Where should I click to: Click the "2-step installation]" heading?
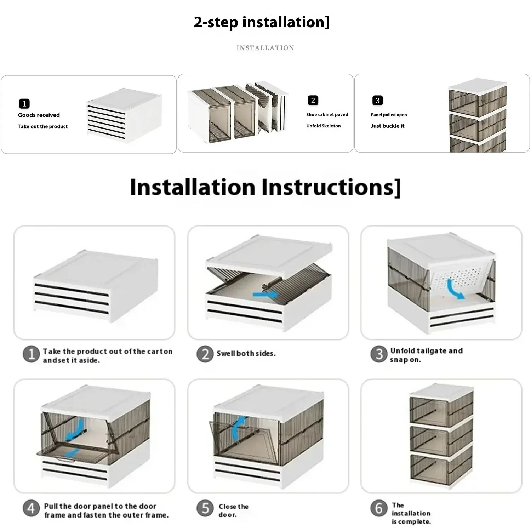[x=261, y=22]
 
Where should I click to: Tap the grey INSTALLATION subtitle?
[x=265, y=48]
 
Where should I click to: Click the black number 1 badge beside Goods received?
[x=24, y=104]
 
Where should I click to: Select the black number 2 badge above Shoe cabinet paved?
[x=313, y=101]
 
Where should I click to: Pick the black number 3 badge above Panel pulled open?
[x=378, y=101]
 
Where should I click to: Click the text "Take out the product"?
[x=43, y=126]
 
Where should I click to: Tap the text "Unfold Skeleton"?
[x=324, y=126]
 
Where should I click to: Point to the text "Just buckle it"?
[x=388, y=126]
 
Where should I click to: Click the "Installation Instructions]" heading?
[x=265, y=187]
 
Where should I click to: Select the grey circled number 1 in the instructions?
[x=31, y=354]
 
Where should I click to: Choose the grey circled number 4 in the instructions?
[x=31, y=509]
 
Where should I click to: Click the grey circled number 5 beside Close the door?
[x=205, y=508]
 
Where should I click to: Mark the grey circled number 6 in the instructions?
[x=379, y=508]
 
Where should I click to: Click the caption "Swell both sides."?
[x=246, y=353]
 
